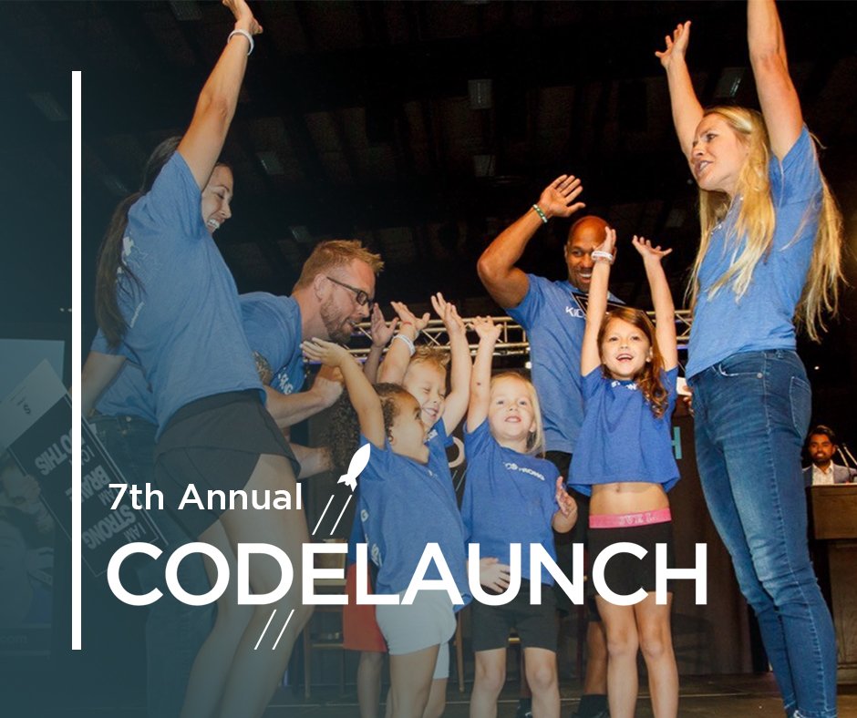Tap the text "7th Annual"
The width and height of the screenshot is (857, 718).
point(205,497)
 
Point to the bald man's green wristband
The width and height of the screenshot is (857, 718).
point(541,213)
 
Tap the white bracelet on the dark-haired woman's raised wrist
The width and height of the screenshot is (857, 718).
point(242,38)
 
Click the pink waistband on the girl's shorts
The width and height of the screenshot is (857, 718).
point(630,518)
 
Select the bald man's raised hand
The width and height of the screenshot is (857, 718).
point(561,195)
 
